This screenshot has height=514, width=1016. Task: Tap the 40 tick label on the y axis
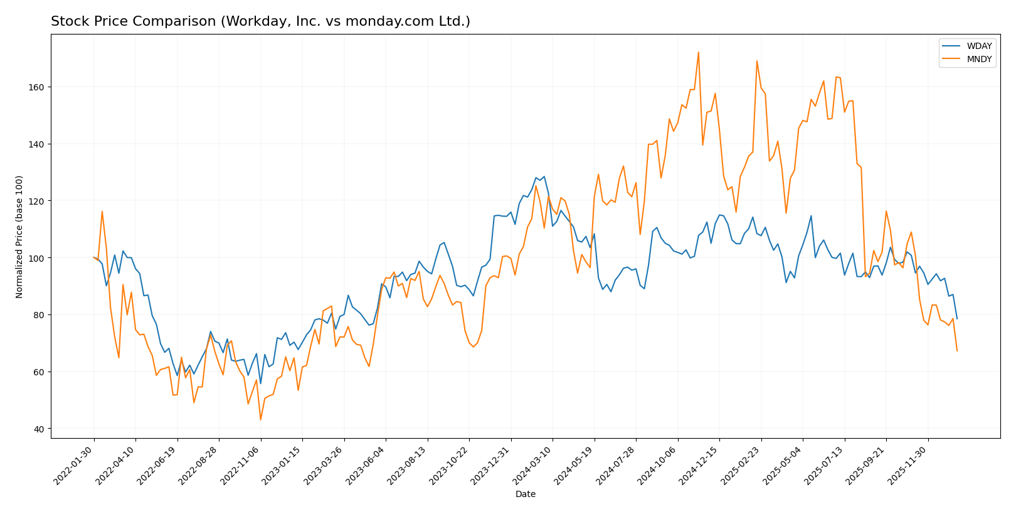click(40, 429)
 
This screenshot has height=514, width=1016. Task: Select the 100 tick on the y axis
click(37, 258)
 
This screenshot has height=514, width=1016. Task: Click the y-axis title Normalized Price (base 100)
click(19, 237)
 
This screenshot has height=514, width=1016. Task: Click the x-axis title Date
click(525, 495)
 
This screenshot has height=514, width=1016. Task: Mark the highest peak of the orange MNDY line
click(698, 53)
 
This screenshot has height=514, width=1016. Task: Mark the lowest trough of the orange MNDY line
click(260, 420)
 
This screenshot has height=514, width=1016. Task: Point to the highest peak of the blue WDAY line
click(536, 177)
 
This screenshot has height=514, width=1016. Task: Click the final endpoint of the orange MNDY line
click(957, 351)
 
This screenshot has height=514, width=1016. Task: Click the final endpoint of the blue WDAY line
click(957, 319)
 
